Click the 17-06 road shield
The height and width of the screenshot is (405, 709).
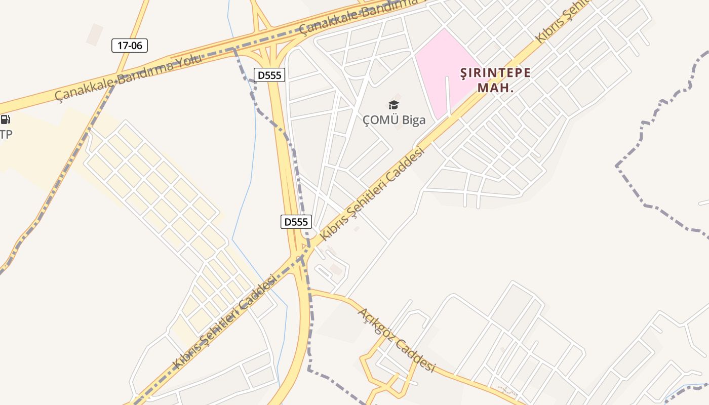coord(130,46)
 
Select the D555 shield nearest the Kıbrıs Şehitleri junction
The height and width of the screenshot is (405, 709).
coord(296,222)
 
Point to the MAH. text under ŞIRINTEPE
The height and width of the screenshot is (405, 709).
coord(495,88)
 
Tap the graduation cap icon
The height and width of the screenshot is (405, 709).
coord(393,105)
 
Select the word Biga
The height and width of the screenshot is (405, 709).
coord(413,120)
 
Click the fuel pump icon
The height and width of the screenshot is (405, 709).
coord(5,120)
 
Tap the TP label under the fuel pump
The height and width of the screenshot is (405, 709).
coord(6,134)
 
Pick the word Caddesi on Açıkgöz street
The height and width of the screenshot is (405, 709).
coord(416,356)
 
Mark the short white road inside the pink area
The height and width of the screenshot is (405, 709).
coord(448,96)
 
